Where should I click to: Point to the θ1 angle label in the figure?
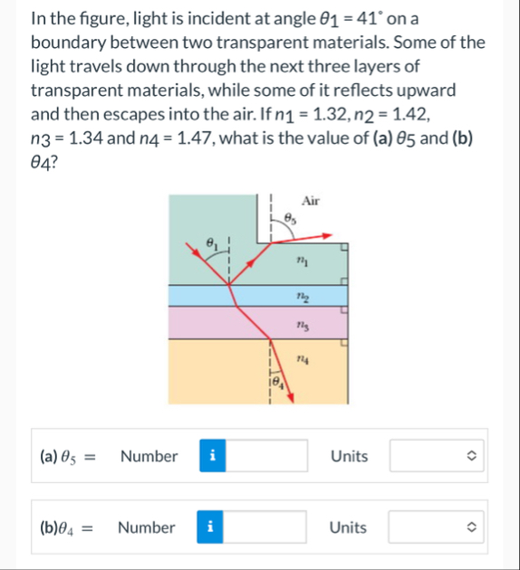tap(210, 243)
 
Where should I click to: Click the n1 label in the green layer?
tap(303, 261)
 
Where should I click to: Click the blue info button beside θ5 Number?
tap(212, 456)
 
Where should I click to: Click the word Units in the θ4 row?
tap(348, 527)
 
